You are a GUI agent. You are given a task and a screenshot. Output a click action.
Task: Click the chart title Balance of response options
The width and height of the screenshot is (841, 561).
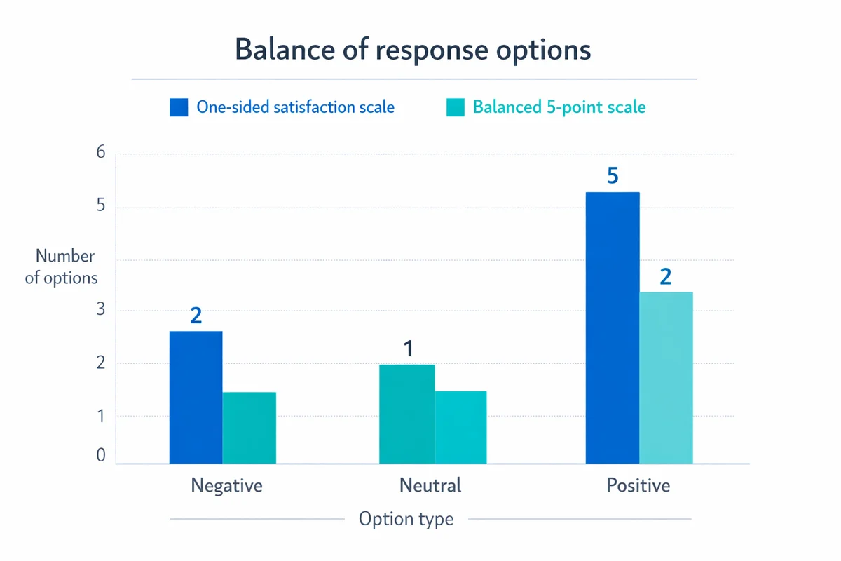click(413, 50)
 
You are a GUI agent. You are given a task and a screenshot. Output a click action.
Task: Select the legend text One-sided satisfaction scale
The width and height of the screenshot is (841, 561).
click(295, 107)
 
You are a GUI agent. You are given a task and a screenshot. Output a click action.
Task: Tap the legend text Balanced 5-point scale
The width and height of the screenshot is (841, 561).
click(559, 107)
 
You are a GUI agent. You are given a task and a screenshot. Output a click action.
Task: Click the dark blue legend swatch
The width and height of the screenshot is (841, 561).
click(179, 107)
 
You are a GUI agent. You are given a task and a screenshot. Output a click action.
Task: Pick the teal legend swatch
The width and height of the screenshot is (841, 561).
click(455, 107)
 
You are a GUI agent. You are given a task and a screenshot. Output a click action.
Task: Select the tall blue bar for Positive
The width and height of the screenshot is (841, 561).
click(613, 327)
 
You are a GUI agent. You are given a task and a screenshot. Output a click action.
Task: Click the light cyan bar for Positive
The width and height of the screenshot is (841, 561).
click(666, 377)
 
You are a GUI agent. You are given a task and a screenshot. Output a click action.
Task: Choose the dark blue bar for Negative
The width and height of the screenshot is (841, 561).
click(196, 397)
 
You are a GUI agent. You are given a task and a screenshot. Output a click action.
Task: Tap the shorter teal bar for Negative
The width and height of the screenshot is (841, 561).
click(249, 428)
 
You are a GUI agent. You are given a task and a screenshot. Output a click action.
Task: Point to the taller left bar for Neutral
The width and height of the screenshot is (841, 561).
click(406, 414)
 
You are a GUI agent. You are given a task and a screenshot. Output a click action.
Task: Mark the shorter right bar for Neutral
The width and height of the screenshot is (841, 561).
click(460, 427)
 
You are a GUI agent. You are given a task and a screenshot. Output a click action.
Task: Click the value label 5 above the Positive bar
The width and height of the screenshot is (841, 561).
click(613, 175)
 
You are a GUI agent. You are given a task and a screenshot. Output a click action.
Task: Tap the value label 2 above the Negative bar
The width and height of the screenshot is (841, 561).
click(196, 315)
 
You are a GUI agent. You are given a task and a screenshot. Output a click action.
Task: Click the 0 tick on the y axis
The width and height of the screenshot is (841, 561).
click(100, 456)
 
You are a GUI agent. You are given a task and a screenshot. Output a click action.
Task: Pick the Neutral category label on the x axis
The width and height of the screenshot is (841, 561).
click(430, 485)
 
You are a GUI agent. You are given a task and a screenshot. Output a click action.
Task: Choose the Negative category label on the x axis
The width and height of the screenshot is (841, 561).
click(226, 485)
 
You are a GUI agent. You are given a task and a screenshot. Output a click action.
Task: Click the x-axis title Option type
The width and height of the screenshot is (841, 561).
click(406, 519)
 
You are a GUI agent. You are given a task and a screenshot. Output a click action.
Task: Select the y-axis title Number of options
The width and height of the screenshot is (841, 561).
click(62, 267)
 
